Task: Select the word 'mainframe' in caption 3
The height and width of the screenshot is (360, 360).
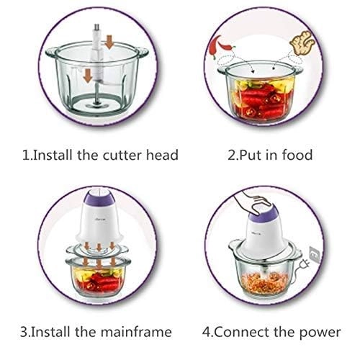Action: pos(139,332)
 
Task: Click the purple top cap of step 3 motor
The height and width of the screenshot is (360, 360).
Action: pos(93,197)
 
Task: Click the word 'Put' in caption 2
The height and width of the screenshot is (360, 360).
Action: pos(254,155)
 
